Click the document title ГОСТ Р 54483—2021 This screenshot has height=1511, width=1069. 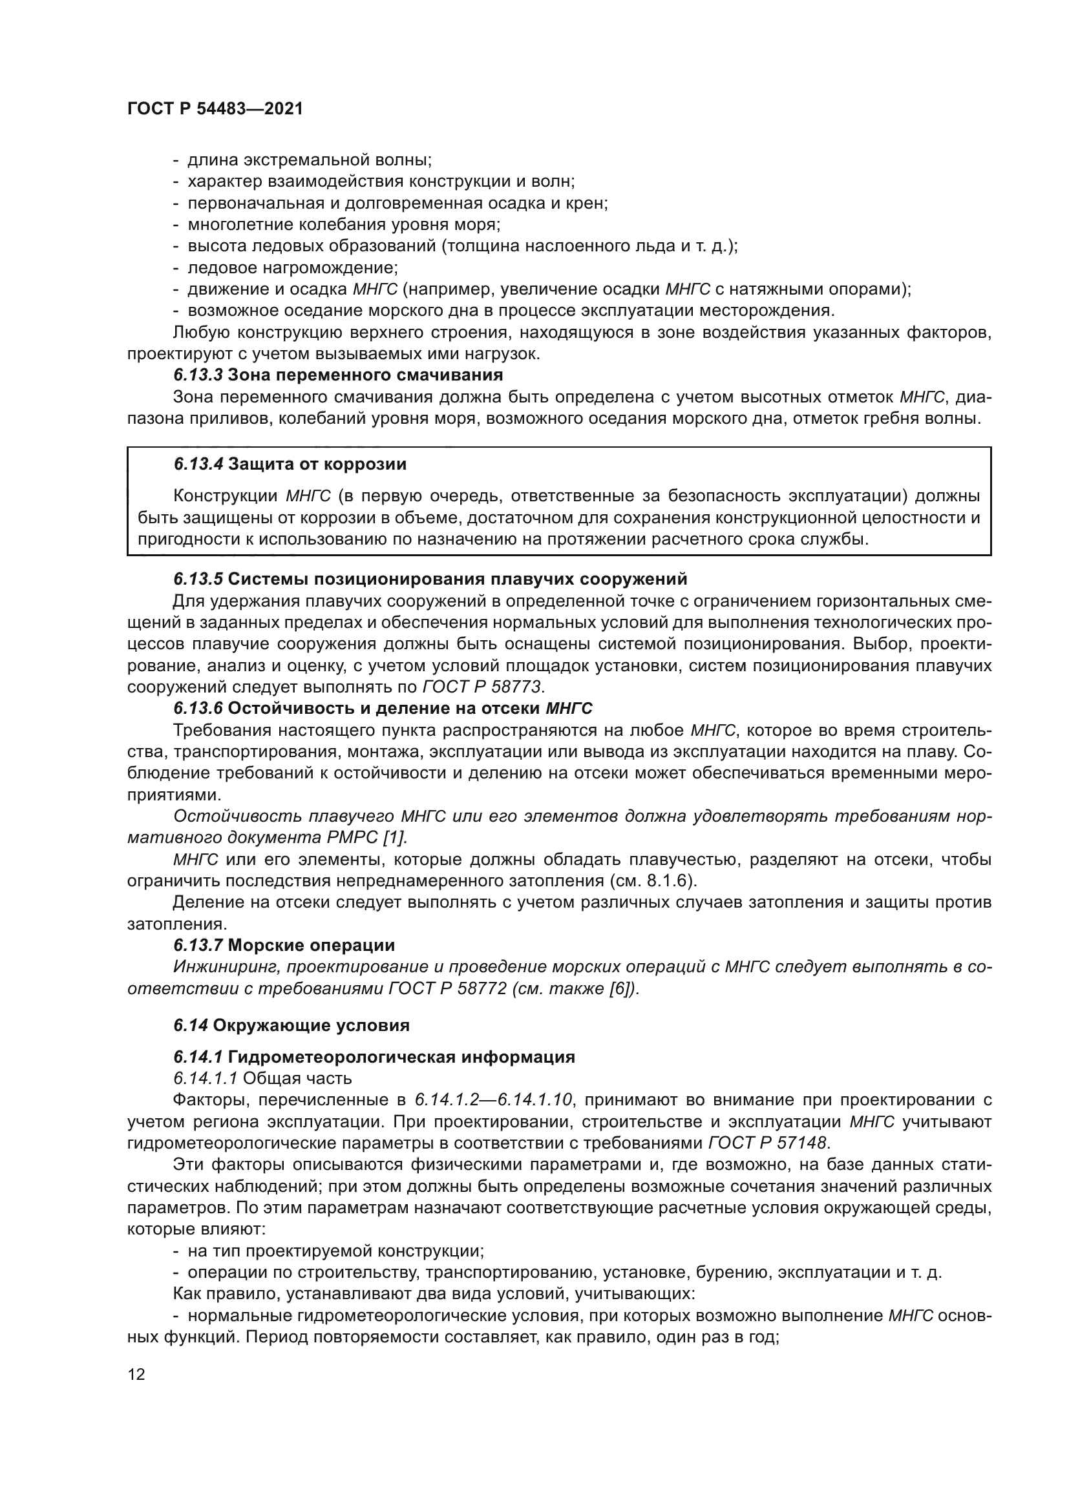(215, 109)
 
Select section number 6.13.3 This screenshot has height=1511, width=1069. (199, 375)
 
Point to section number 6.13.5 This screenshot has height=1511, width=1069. (199, 579)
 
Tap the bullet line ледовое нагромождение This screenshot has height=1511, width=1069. (292, 268)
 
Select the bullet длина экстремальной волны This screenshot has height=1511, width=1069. (310, 160)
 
